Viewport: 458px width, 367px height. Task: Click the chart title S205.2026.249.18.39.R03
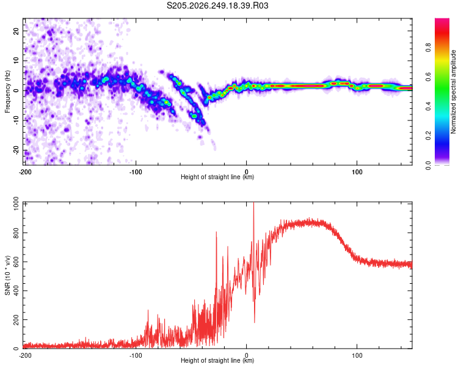(217, 6)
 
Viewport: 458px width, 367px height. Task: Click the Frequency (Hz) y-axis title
(7, 92)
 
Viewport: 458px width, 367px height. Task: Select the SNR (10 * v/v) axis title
(7, 275)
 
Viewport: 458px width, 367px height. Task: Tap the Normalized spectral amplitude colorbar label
(453, 92)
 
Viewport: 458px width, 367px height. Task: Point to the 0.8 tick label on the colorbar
(428, 48)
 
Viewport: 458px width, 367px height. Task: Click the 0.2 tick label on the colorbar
(428, 136)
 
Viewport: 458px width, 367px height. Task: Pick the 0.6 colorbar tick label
(428, 77)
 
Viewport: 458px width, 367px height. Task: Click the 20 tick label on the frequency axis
(16, 31)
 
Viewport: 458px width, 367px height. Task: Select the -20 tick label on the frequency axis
(16, 150)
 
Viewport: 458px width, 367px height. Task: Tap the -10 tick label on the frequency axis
(16, 120)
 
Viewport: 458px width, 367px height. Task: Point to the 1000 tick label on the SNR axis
(16, 204)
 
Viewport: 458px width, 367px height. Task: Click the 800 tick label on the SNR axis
(16, 233)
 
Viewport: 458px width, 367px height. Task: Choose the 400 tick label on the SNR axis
(16, 291)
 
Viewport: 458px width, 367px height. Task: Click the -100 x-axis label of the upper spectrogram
(136, 172)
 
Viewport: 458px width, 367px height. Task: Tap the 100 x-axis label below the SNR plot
(357, 355)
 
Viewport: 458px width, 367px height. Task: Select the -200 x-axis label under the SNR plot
(25, 355)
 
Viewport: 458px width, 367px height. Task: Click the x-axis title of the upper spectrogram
(217, 177)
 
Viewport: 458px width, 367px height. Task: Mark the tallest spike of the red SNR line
(253, 202)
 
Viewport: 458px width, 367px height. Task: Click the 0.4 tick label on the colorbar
(428, 106)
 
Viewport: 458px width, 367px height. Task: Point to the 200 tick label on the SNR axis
(16, 319)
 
